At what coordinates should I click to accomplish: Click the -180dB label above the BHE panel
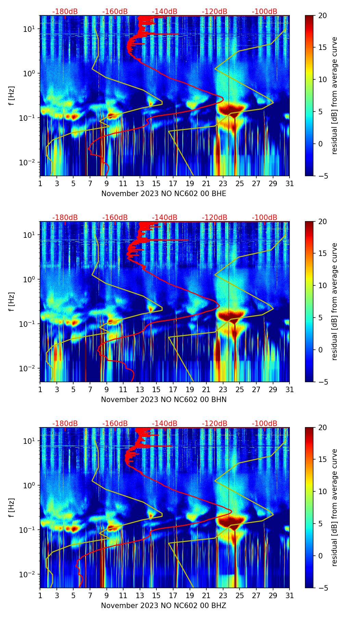(65, 12)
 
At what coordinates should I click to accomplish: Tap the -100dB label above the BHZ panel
(265, 424)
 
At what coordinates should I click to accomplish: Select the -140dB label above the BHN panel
(165, 218)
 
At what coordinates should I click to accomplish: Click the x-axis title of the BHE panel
(164, 194)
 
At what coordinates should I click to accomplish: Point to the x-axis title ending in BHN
(164, 400)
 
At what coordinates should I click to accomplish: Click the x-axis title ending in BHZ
(164, 606)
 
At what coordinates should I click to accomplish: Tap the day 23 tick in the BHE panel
(223, 183)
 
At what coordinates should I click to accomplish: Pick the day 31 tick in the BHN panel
(290, 389)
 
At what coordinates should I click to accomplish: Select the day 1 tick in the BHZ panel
(40, 595)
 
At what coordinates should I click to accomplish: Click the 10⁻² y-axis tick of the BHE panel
(29, 162)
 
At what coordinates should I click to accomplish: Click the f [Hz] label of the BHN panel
(12, 301)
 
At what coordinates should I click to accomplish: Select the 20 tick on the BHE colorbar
(323, 15)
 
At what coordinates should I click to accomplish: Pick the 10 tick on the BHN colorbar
(323, 285)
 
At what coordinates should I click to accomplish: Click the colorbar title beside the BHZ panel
(334, 507)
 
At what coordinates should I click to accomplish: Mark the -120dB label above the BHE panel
(215, 12)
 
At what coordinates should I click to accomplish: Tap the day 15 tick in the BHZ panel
(156, 595)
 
